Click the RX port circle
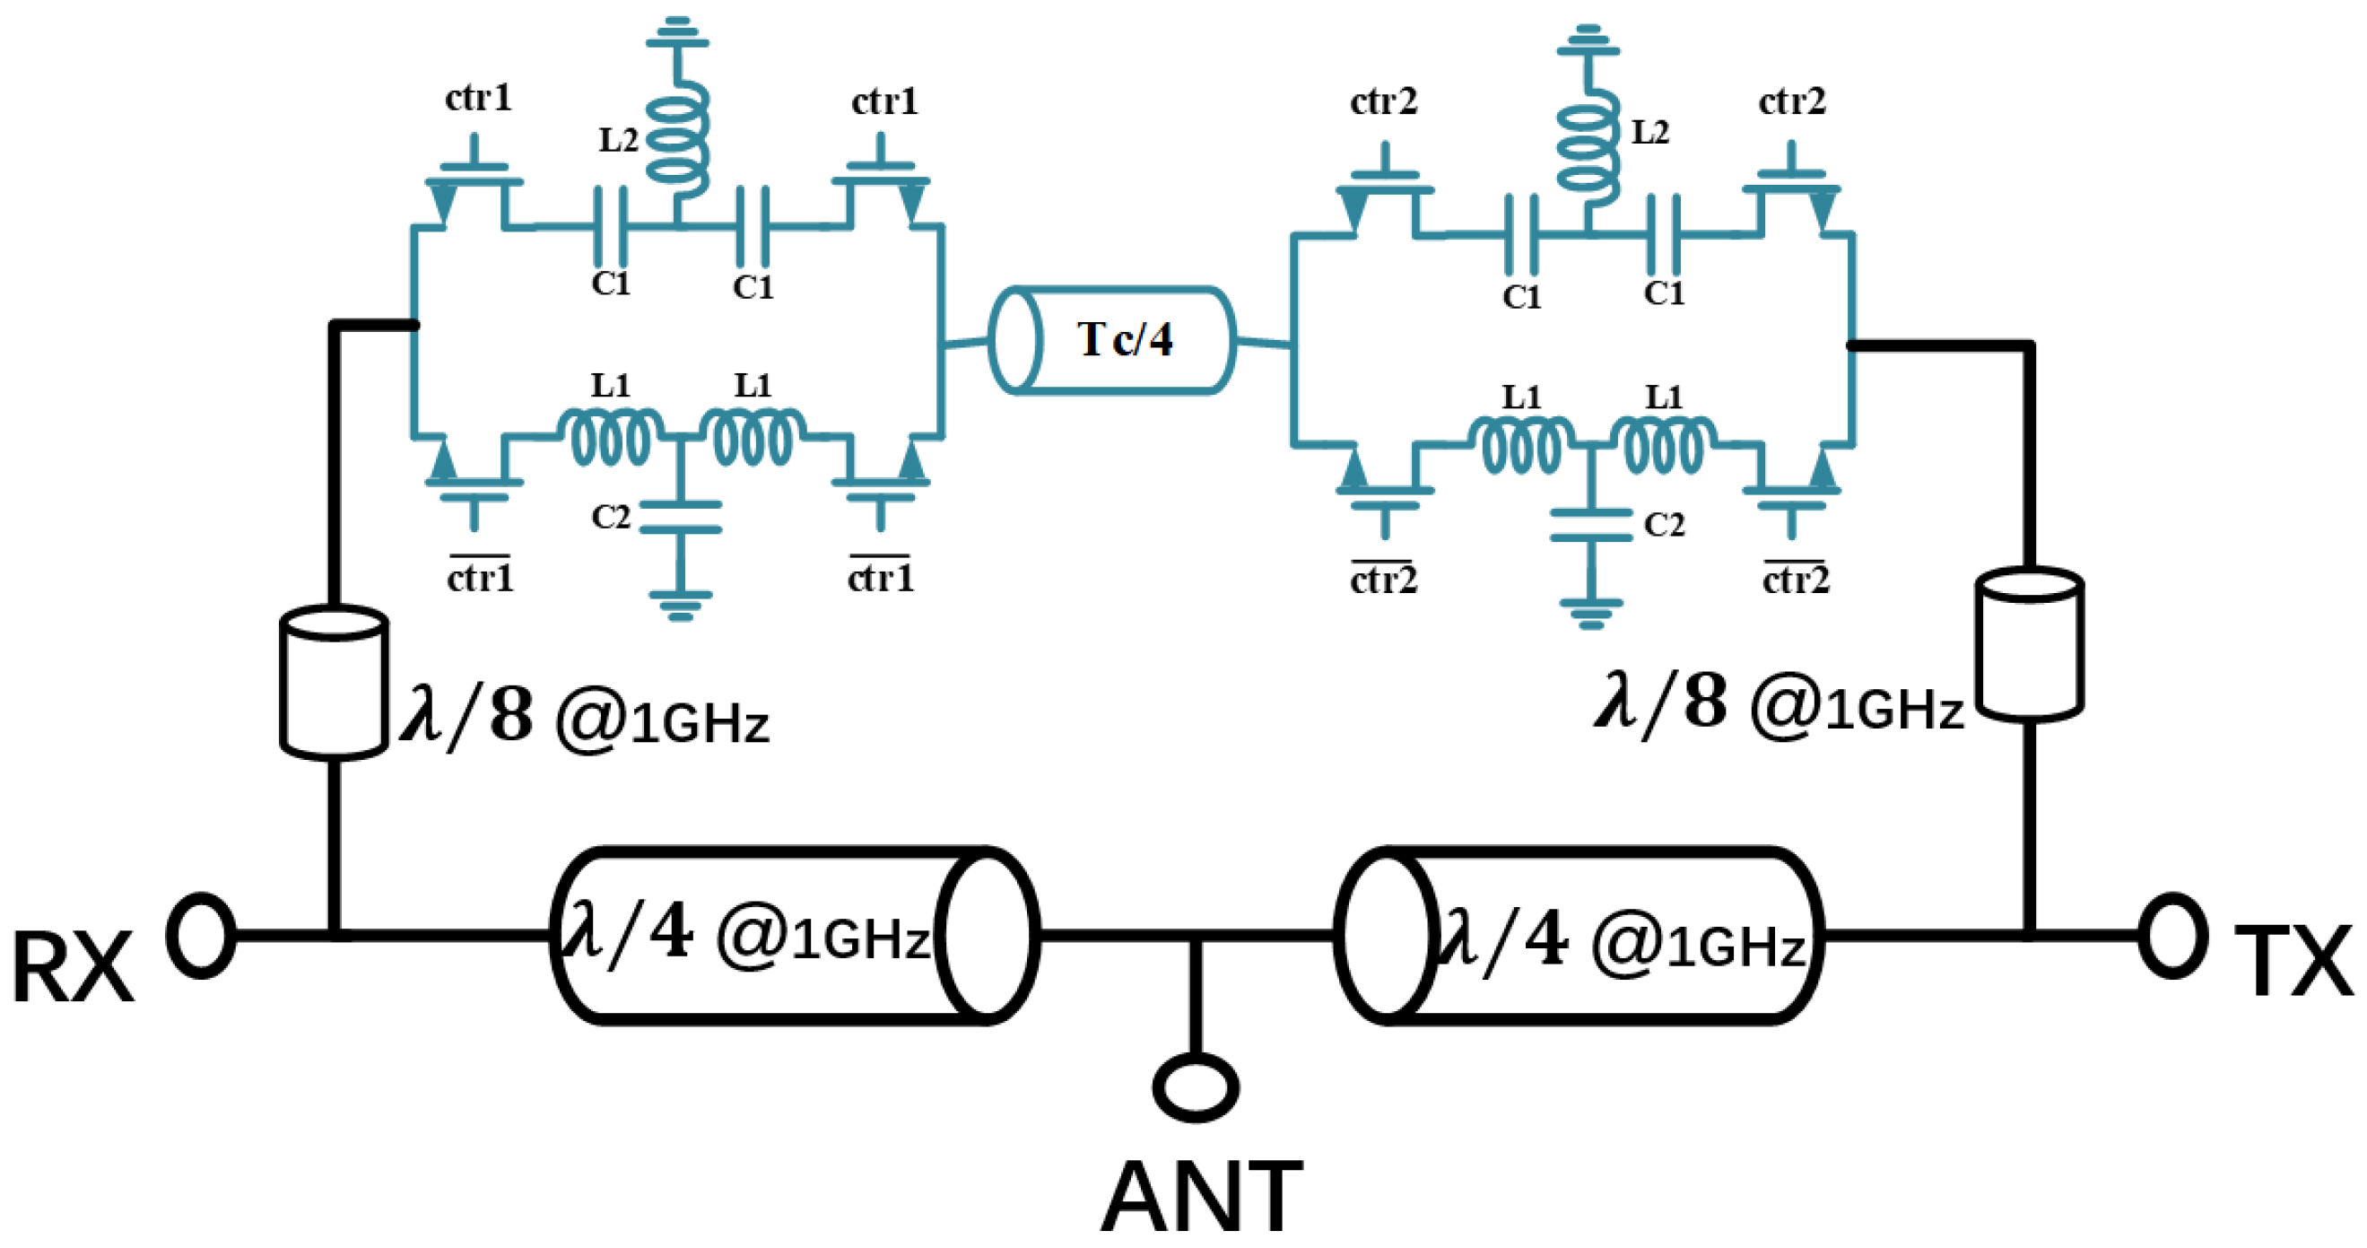pyautogui.click(x=200, y=936)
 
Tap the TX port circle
pyautogui.click(x=2173, y=936)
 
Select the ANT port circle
pyautogui.click(x=1195, y=1087)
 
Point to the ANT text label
pyautogui.click(x=1202, y=1197)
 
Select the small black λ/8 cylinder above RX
pyautogui.click(x=334, y=682)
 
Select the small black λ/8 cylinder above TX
pyautogui.click(x=2029, y=643)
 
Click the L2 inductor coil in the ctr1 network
pyautogui.click(x=678, y=134)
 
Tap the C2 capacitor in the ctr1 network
pyautogui.click(x=680, y=518)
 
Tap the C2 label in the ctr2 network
pyautogui.click(x=1664, y=525)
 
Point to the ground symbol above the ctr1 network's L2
pyautogui.click(x=678, y=32)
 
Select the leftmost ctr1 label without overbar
pyautogui.click(x=478, y=98)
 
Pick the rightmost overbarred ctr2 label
pyautogui.click(x=1796, y=579)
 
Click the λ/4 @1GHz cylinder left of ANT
pyautogui.click(x=795, y=936)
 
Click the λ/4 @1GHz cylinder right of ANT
pyautogui.click(x=1578, y=936)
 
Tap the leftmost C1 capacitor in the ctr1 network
pyautogui.click(x=610, y=225)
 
